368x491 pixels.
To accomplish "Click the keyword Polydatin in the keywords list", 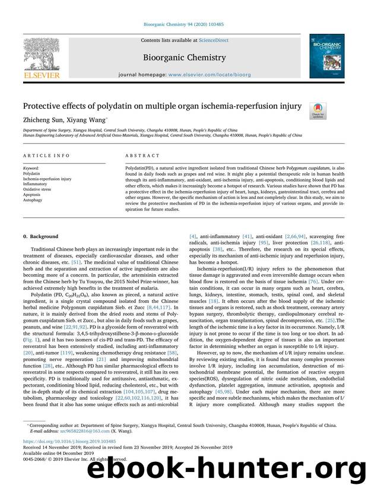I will coord(31,173).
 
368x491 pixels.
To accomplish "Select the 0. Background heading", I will coord(41,236).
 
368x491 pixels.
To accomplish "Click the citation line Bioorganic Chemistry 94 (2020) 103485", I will coord(183,8).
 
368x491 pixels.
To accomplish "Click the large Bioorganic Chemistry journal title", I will coord(183,58).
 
